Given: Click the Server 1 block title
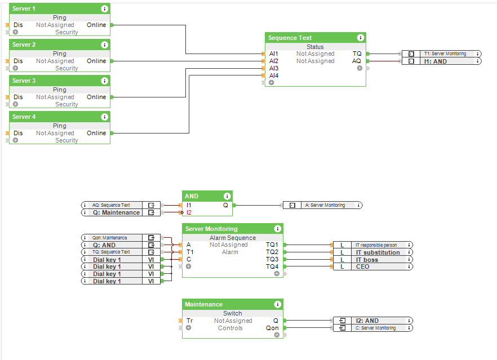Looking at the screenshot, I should click(24, 9).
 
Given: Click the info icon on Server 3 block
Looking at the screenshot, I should click(104, 81).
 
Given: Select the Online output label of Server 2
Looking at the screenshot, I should click(96, 61).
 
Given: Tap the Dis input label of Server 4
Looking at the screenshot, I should click(18, 133).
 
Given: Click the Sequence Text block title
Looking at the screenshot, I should click(290, 38).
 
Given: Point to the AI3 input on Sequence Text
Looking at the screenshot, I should click(273, 68).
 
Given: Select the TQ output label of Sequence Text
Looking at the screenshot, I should click(357, 54).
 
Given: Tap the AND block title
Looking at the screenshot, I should click(192, 196).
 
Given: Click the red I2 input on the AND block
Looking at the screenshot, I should click(189, 212).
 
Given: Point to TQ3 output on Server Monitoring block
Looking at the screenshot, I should click(272, 259).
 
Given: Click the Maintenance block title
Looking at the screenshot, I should click(203, 304).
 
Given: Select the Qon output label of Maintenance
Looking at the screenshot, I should click(272, 328).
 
